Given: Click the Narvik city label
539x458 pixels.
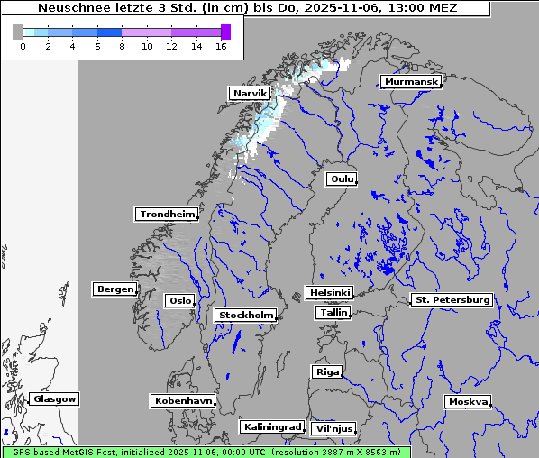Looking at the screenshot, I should pos(250,93).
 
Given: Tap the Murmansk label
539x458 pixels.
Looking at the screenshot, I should pos(411,81).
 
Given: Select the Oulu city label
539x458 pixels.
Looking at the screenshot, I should pos(342,179).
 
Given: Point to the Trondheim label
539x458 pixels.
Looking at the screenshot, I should pos(167,214).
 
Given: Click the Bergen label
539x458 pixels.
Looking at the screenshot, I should pos(114,289).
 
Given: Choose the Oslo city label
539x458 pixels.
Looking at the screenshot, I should pos(179,300).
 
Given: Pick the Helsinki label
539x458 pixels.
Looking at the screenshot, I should pos(329,292).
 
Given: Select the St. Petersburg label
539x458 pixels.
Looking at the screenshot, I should pos(452,298).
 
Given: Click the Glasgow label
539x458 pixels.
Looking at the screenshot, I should pos(55,398).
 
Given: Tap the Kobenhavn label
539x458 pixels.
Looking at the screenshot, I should pos(183,399).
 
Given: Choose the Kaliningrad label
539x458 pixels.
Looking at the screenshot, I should pos(271,426).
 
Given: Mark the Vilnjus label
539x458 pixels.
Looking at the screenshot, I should pos(333,428).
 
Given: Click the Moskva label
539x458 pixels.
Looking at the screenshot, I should pos(468,401).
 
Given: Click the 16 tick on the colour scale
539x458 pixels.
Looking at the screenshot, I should pos(221,46).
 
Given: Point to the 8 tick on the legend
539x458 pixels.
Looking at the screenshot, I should pos(122,46).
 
